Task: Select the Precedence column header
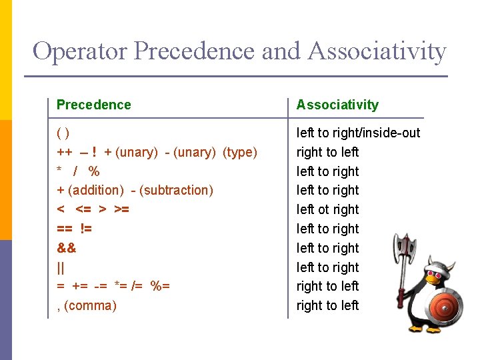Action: [x=94, y=105]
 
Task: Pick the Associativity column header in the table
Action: [x=337, y=105]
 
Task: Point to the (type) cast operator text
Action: [x=239, y=152]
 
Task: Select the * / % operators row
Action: [x=78, y=171]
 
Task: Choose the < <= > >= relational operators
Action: [x=93, y=209]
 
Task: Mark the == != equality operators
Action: [x=74, y=229]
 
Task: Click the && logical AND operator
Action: [x=67, y=248]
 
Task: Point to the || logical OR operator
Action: [x=61, y=267]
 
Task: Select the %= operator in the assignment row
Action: [x=160, y=286]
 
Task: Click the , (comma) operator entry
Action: [x=87, y=305]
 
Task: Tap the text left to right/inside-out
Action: [x=359, y=133]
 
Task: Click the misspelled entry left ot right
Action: [x=328, y=209]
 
